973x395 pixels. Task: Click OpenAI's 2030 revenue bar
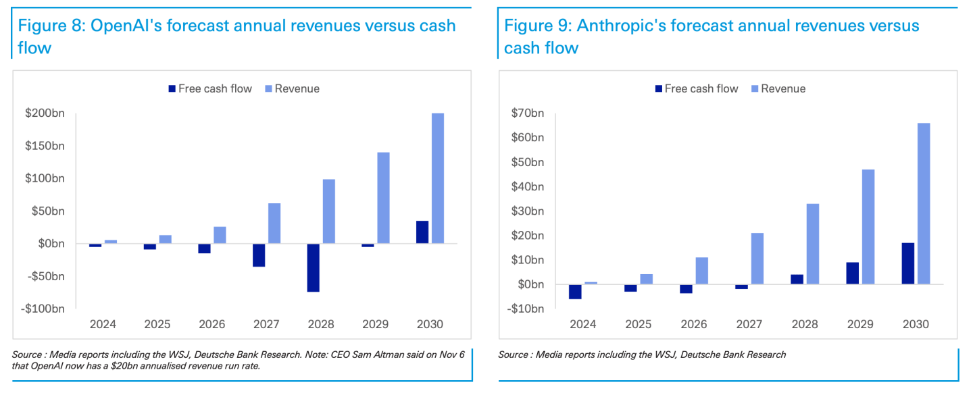point(438,178)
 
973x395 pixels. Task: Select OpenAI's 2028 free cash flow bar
point(314,267)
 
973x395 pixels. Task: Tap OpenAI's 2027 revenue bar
point(274,223)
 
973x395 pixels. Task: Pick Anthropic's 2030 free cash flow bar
point(907,263)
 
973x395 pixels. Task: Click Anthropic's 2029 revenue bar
point(868,227)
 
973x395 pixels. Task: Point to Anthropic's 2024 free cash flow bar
point(575,291)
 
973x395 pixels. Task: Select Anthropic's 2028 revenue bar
point(812,244)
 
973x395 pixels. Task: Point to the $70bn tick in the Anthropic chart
point(528,113)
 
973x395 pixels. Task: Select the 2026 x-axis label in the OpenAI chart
point(211,324)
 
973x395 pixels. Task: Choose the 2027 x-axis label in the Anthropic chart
point(749,324)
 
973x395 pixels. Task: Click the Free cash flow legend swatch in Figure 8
point(172,88)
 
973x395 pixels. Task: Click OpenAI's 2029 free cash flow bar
point(368,245)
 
